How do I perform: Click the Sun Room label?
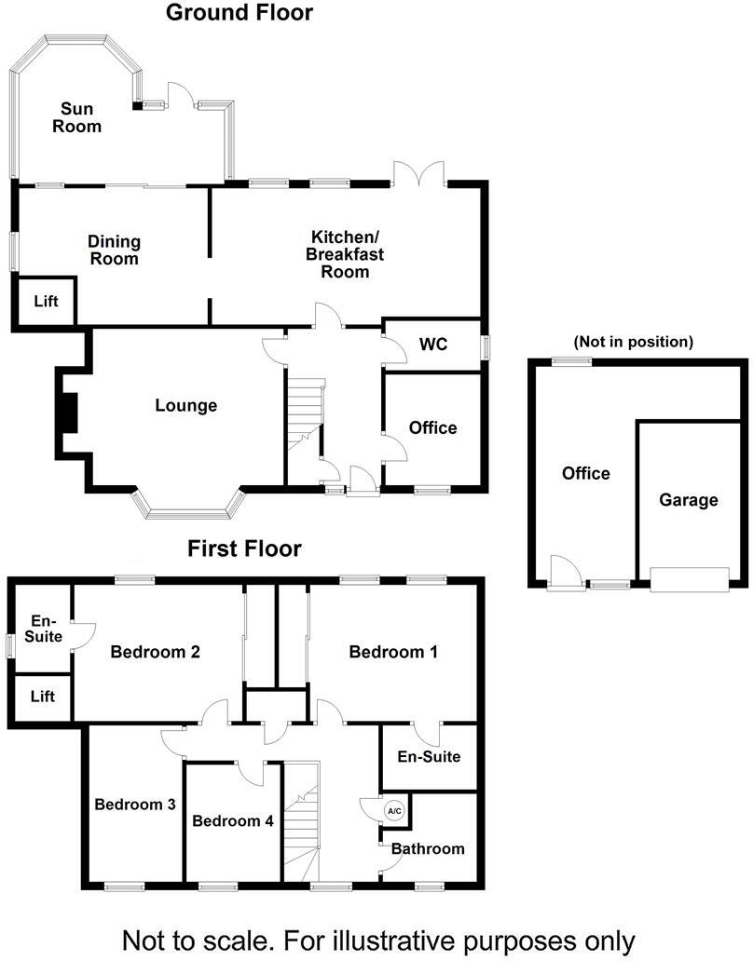pyautogui.click(x=76, y=117)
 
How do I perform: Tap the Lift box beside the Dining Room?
pyautogui.click(x=46, y=302)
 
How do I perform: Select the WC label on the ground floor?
pyautogui.click(x=433, y=345)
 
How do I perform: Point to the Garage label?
pyautogui.click(x=689, y=500)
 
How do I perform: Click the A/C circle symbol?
pyautogui.click(x=393, y=811)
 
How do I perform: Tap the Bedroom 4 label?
pyautogui.click(x=233, y=821)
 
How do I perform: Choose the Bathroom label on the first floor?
pyautogui.click(x=428, y=848)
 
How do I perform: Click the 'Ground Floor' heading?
pyautogui.click(x=240, y=13)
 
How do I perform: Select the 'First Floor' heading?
pyautogui.click(x=244, y=549)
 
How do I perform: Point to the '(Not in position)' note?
pyautogui.click(x=634, y=342)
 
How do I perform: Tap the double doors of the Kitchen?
pyautogui.click(x=418, y=173)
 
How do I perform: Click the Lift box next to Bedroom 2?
pyautogui.click(x=42, y=697)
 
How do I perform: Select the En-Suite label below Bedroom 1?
pyautogui.click(x=429, y=756)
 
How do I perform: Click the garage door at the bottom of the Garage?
pyautogui.click(x=690, y=579)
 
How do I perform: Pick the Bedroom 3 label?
pyautogui.click(x=135, y=805)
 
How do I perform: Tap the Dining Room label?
pyautogui.click(x=114, y=250)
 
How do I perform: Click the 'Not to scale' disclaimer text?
pyautogui.click(x=378, y=940)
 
